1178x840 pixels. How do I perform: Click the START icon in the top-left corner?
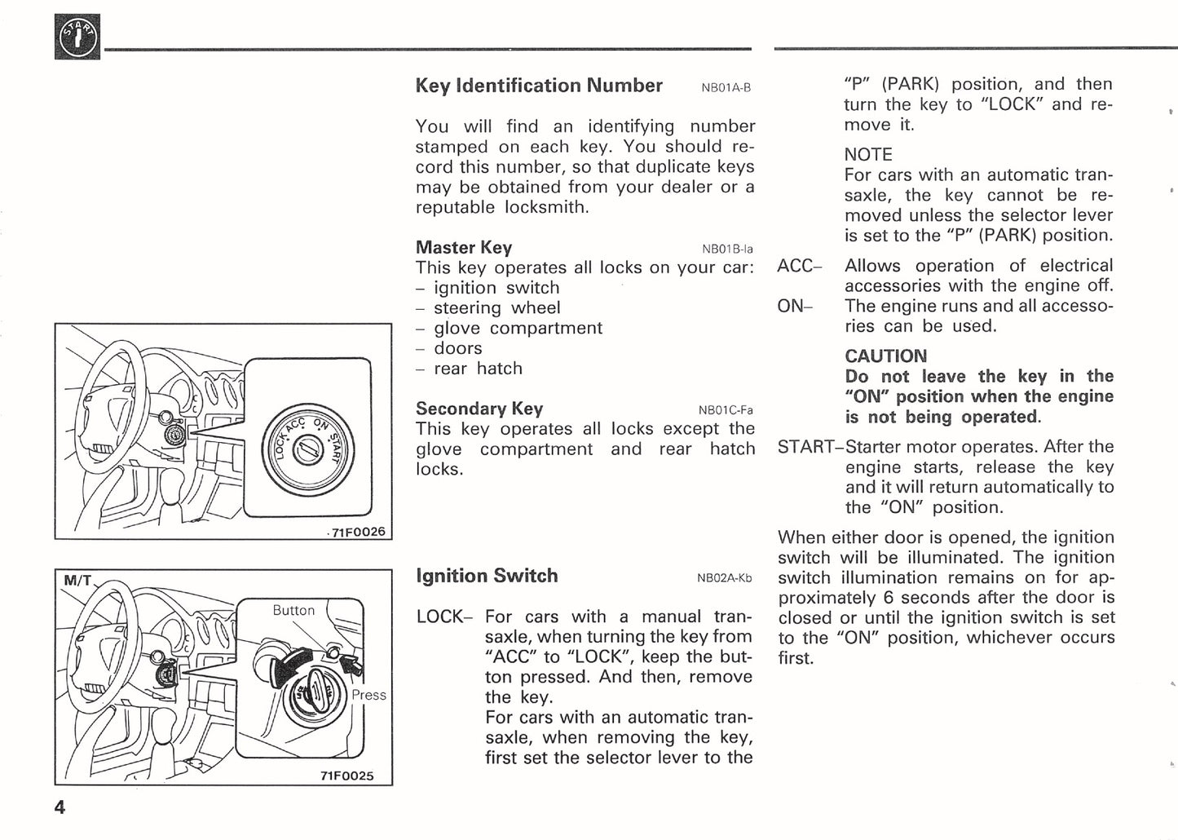coord(77,37)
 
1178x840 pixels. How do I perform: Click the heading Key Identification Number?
coord(538,86)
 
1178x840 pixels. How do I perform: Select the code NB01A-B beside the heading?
coord(726,88)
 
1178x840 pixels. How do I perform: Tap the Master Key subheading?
coord(463,247)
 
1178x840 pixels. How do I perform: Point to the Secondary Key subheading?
coord(479,409)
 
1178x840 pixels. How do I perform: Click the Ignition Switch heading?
coord(487,576)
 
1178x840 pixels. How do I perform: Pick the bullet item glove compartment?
coord(518,328)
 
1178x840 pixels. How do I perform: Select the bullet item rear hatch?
coord(478,369)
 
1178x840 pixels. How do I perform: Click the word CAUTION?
coord(885,356)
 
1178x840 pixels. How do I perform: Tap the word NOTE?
coord(868,155)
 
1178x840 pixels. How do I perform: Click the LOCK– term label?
coord(443,617)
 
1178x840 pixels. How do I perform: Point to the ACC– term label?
coord(799,266)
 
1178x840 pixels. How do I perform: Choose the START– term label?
coord(810,447)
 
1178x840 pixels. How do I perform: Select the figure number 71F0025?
coord(346,776)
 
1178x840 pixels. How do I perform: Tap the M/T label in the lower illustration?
coord(78,581)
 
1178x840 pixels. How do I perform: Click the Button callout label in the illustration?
coord(293,610)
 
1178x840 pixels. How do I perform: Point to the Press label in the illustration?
coord(368,695)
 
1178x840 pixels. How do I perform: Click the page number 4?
coord(60,807)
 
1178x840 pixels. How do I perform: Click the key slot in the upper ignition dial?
coord(307,449)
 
